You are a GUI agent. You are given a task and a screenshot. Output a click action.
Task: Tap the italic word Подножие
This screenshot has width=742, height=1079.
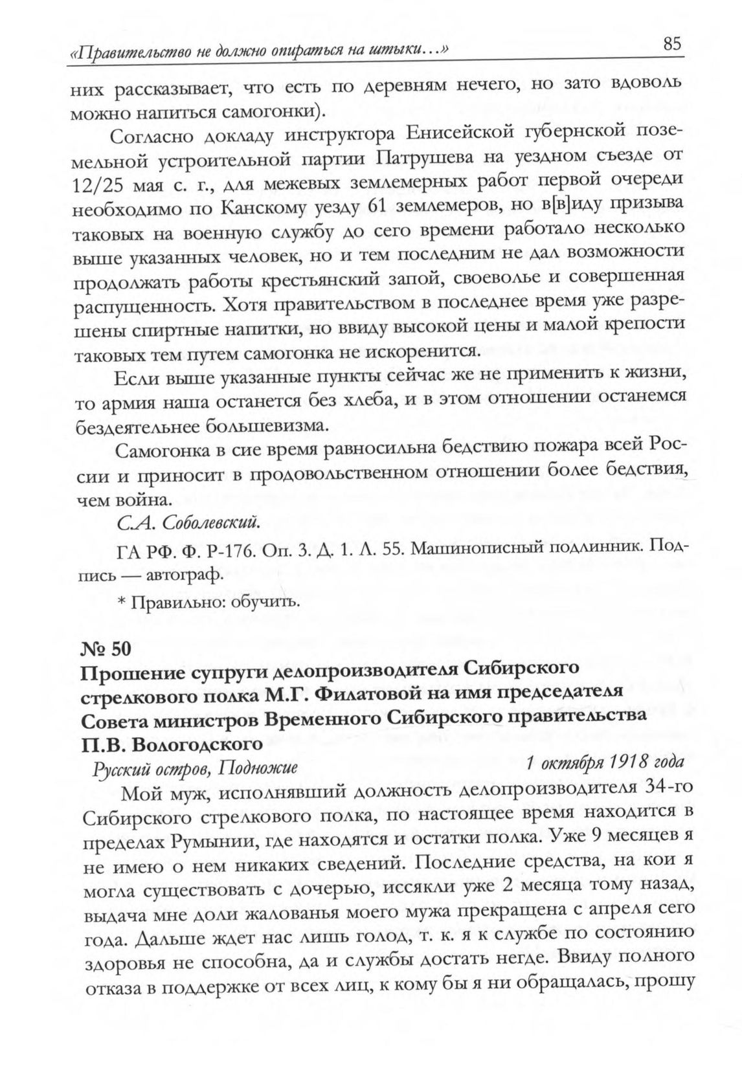point(258,768)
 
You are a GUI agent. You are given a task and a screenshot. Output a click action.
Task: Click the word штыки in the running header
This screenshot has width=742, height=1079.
point(392,50)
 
